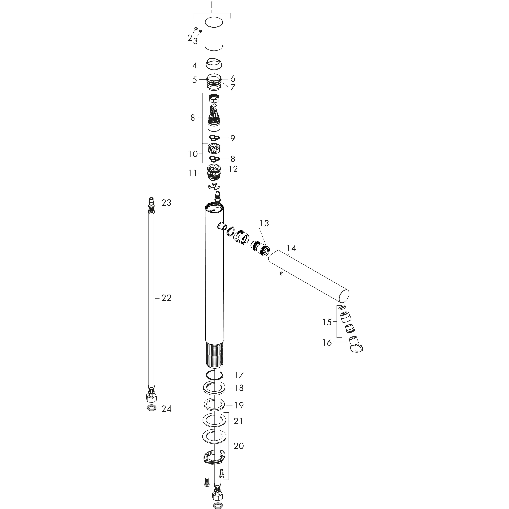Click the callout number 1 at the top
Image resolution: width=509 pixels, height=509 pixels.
[212, 5]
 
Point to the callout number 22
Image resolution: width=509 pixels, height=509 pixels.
[166, 298]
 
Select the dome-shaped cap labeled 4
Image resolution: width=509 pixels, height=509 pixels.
[214, 64]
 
